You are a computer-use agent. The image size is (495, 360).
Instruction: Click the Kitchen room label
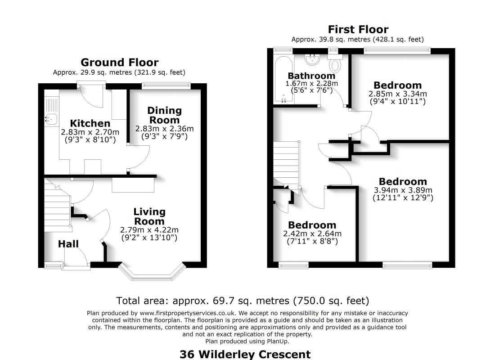click(x=90, y=123)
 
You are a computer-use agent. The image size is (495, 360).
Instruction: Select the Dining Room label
click(x=164, y=115)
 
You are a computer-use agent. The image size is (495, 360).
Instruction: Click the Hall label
click(x=68, y=244)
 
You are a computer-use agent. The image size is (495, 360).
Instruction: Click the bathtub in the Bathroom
click(x=283, y=80)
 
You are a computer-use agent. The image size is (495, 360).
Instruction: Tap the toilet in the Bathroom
click(x=335, y=63)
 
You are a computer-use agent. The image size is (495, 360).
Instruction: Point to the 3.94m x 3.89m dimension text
click(x=403, y=190)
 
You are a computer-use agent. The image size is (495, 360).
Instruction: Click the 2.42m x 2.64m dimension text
click(x=312, y=234)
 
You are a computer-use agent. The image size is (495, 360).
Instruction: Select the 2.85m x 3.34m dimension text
click(x=398, y=94)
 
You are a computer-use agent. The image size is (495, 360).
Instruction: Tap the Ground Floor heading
click(x=119, y=62)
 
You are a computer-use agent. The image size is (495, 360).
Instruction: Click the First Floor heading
click(x=358, y=29)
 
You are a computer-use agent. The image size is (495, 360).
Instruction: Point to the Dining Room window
click(x=166, y=85)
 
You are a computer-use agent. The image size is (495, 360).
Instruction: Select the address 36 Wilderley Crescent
click(x=245, y=354)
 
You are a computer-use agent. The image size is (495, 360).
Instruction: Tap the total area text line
click(x=243, y=301)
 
